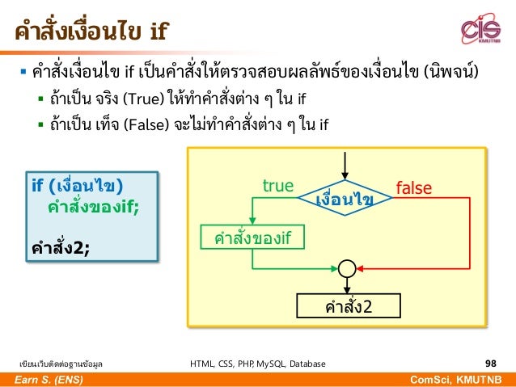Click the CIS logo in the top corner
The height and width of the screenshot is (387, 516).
click(480, 30)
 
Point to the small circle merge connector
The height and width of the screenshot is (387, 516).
click(347, 268)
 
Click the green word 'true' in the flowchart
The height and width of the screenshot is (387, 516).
click(277, 187)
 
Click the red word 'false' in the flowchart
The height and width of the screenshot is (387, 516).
click(413, 188)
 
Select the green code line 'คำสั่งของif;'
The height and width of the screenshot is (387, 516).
click(93, 205)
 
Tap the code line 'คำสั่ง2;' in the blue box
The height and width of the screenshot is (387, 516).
click(61, 247)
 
